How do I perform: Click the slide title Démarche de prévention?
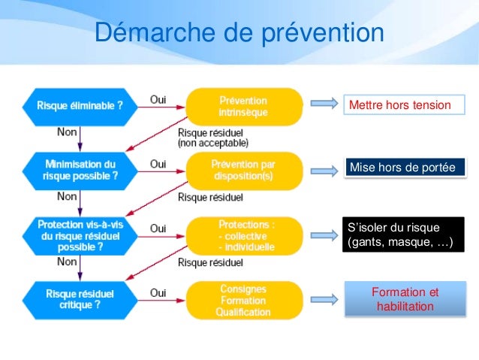click(239, 34)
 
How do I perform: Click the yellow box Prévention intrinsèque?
click(243, 106)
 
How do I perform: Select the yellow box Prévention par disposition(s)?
click(243, 170)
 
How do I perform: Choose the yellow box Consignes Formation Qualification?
click(243, 300)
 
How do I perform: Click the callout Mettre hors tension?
click(400, 104)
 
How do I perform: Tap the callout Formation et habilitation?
click(405, 299)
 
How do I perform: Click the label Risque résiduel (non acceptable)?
click(213, 136)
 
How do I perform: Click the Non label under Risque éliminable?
click(66, 132)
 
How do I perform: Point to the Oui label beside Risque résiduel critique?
click(158, 293)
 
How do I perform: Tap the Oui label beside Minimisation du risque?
click(158, 162)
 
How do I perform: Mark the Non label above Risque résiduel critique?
click(67, 262)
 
